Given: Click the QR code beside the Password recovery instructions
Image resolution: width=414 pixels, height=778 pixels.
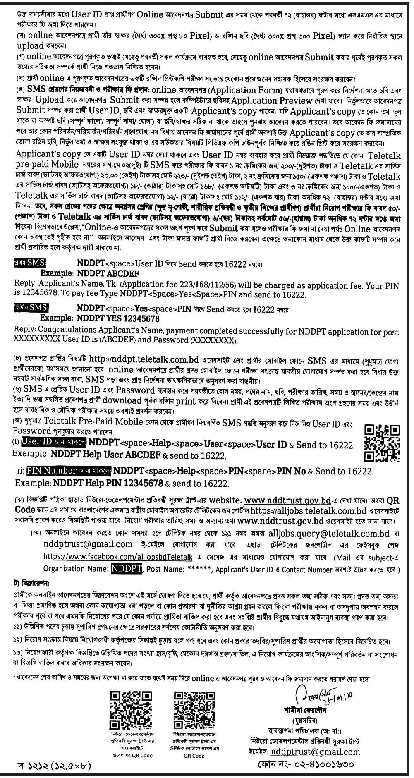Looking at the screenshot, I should pyautogui.click(x=382, y=443).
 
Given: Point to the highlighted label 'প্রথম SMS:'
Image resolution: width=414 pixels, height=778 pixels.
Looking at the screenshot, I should pyautogui.click(x=30, y=263).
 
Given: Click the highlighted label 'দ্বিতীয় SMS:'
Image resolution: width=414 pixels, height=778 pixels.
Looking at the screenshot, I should pyautogui.click(x=31, y=309).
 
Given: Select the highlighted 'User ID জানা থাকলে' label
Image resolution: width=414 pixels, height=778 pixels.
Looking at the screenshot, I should pyautogui.click(x=54, y=443).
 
